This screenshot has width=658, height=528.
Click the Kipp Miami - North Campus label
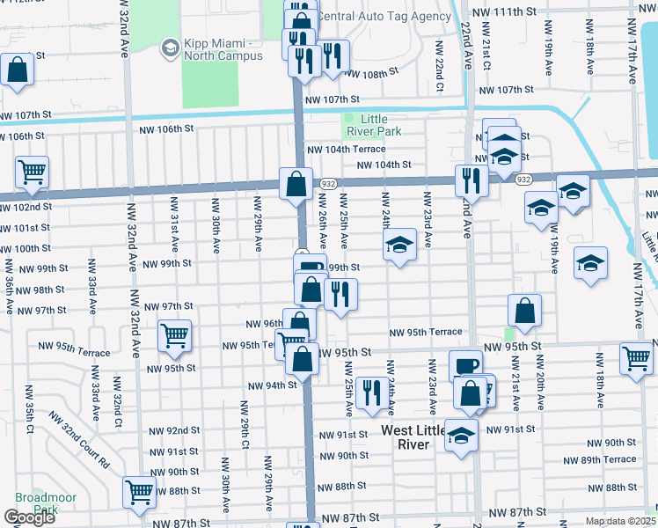(x=223, y=49)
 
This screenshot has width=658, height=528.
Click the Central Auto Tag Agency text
(x=384, y=16)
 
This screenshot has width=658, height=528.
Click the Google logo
(x=29, y=517)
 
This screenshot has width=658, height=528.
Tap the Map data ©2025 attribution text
(x=619, y=521)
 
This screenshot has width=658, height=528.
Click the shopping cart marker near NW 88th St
(x=139, y=493)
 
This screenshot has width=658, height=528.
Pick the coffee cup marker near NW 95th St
(x=465, y=363)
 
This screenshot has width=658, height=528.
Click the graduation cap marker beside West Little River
(x=460, y=435)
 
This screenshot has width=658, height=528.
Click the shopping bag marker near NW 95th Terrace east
(x=524, y=310)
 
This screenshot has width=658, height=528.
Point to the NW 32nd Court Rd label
(x=79, y=440)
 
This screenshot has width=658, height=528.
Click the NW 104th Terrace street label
(x=344, y=150)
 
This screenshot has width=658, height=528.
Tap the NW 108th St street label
(x=364, y=75)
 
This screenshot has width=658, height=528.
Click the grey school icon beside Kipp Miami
(x=169, y=49)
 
